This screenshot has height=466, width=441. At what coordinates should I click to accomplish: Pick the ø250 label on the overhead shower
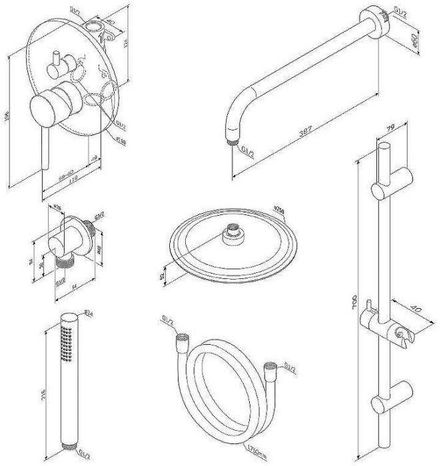click(x=279, y=211)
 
